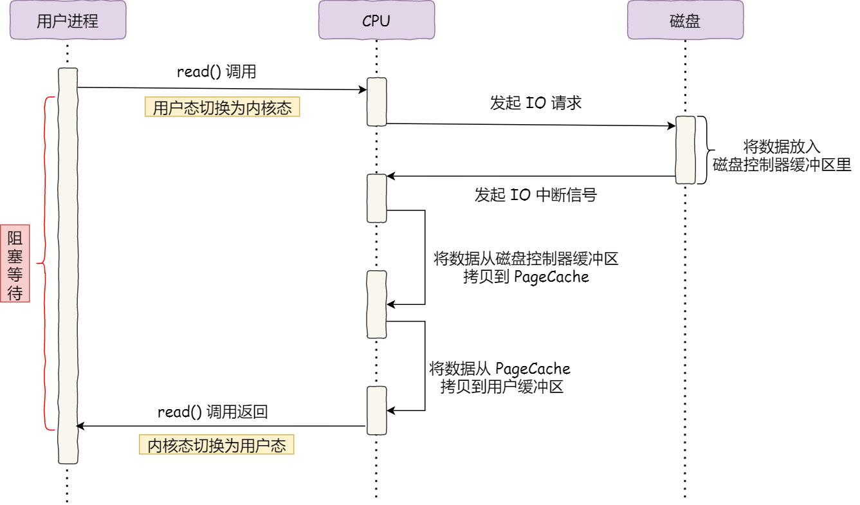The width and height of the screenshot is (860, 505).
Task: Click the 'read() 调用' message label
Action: pos(217,72)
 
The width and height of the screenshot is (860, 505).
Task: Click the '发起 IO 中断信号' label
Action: pos(536,196)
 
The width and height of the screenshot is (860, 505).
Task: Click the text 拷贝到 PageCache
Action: pos(526,278)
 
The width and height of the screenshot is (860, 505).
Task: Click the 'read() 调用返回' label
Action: pos(212,412)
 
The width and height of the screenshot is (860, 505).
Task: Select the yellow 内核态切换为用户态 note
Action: pos(217,446)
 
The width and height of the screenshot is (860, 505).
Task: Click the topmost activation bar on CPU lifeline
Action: pos(376,102)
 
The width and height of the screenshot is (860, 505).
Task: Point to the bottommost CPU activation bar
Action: pos(376,410)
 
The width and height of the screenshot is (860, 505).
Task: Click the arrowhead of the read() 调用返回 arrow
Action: pos(80,426)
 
